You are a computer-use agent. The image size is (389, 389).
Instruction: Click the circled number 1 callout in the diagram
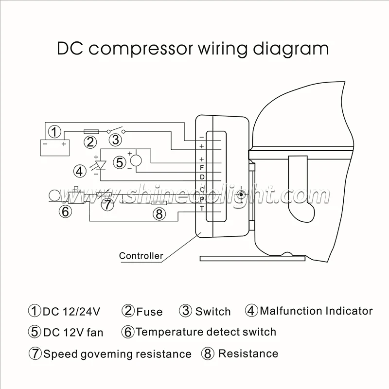(55, 131)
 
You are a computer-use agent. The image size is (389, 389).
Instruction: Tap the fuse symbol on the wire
(93, 132)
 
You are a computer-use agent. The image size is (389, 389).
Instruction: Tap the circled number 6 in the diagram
(65, 211)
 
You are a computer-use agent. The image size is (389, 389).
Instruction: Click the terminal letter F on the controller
(202, 168)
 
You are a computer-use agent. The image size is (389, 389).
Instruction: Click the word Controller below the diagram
(141, 256)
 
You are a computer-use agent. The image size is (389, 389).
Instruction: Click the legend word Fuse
(149, 312)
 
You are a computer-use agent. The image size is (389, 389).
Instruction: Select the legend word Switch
(213, 311)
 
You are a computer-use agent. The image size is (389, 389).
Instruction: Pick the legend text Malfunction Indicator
(316, 311)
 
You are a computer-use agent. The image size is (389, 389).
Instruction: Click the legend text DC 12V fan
(73, 333)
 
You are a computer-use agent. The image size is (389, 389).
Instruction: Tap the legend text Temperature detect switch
(206, 332)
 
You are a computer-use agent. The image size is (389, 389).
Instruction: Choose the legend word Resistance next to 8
(248, 354)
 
